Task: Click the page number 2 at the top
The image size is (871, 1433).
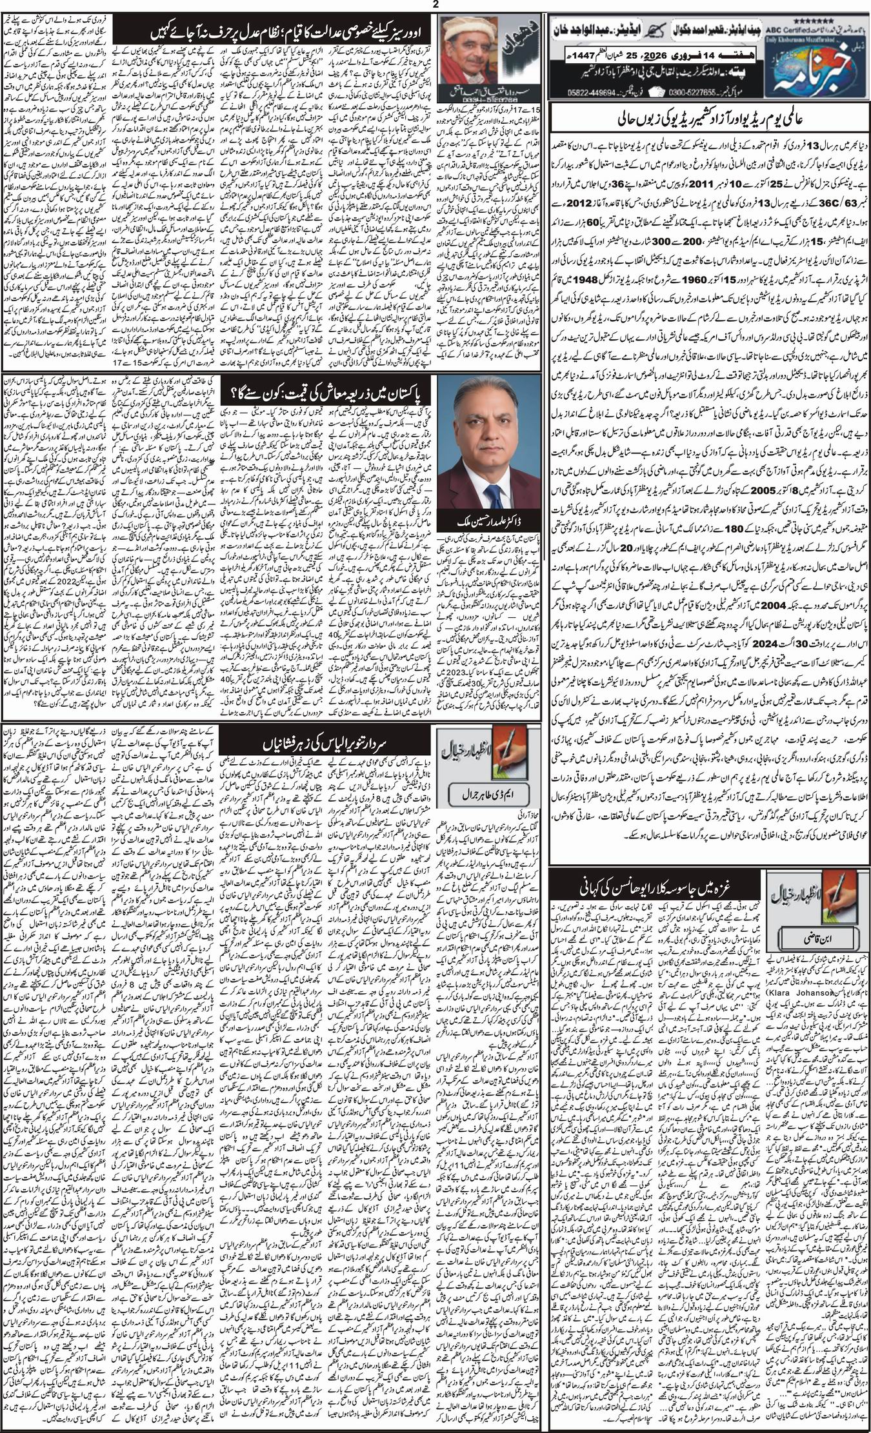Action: click(436, 5)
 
